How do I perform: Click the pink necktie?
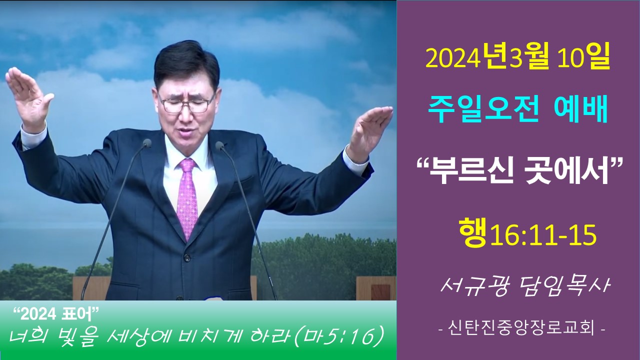coord(187,197)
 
